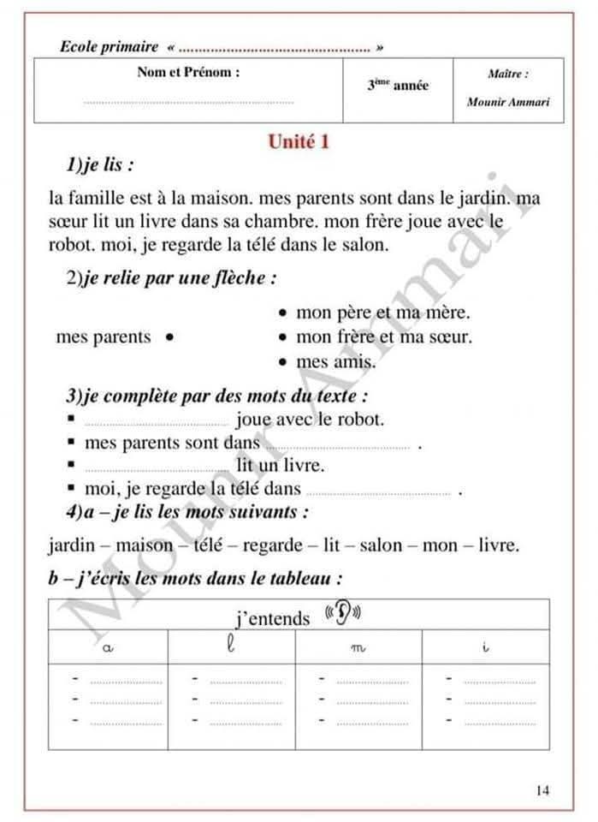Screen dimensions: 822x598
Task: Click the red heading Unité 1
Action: [x=299, y=142]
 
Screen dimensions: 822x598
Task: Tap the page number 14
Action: [x=543, y=790]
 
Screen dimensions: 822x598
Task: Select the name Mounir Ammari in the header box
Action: [x=508, y=102]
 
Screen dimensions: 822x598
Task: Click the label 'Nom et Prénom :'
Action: [x=188, y=73]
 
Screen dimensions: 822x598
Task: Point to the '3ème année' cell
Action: [x=398, y=86]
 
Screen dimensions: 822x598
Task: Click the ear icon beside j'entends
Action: [x=344, y=613]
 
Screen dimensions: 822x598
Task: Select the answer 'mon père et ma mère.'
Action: [x=382, y=313]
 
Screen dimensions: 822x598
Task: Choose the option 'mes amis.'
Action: [x=335, y=362]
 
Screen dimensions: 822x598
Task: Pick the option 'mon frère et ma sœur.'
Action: [x=383, y=337]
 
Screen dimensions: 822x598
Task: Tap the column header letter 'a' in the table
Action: [x=108, y=648]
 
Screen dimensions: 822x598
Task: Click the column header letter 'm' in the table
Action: [x=358, y=649]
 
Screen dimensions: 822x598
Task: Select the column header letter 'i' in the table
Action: [x=485, y=648]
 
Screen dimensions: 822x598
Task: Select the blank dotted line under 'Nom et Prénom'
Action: [x=188, y=103]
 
